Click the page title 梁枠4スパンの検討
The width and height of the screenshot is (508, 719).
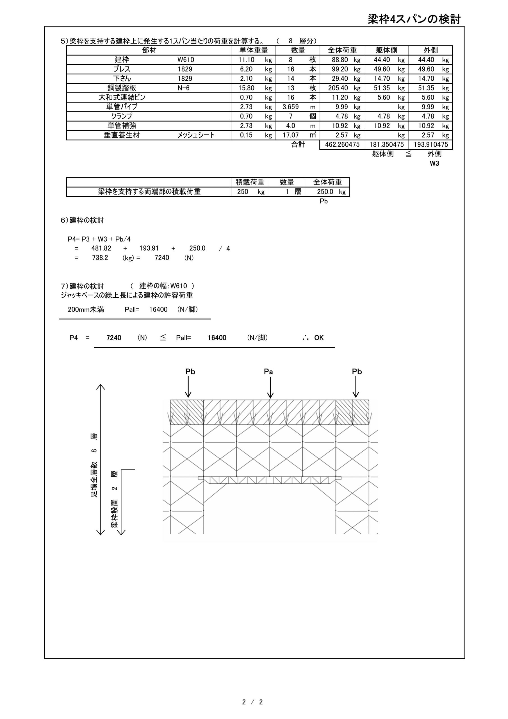coord(414,19)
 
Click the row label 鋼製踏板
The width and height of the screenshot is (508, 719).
coord(122,88)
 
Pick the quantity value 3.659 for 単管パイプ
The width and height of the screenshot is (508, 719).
coord(291,107)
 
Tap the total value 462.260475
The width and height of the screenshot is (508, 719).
coord(342,145)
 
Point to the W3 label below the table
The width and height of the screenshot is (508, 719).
coord(434,163)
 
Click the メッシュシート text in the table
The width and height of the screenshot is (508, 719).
coord(196,135)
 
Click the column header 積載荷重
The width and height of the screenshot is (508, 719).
coord(250,182)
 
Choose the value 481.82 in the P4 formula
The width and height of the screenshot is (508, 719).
coord(101,248)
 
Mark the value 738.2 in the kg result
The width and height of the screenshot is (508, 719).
coord(100,258)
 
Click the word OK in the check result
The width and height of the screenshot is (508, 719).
coord(319,338)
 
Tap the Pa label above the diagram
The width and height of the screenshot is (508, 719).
coord(268,372)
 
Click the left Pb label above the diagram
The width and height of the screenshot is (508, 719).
coord(190,372)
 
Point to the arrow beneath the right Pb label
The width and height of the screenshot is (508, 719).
coord(356,387)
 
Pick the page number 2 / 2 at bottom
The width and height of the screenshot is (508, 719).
coord(252,702)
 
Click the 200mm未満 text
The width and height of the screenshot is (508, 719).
coord(86,310)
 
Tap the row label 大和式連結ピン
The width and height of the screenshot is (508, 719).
coord(122,97)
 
